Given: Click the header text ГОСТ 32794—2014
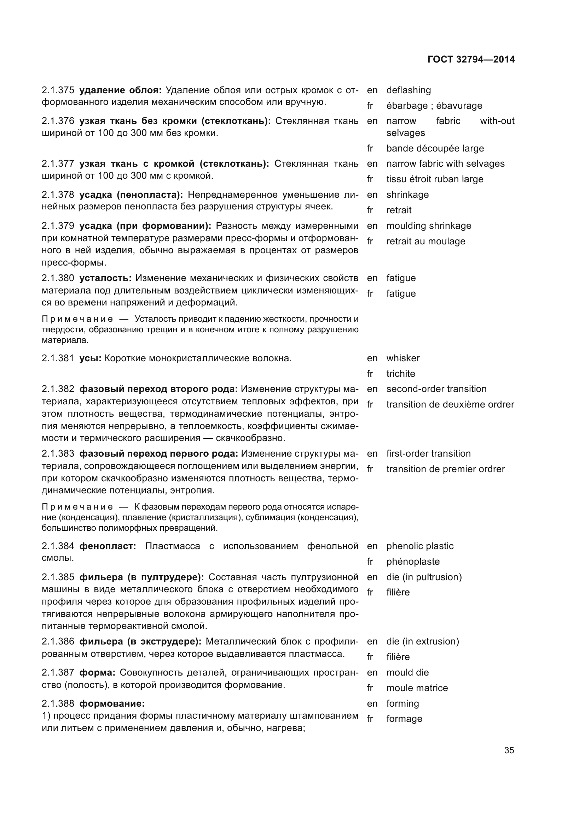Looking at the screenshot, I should tap(471, 59).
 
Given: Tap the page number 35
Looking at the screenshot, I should tap(509, 750).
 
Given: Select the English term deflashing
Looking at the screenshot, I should tap(409, 90).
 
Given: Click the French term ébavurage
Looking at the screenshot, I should tap(459, 106).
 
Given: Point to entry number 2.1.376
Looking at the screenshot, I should tap(58, 121).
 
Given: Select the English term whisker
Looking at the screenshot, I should tap(403, 358).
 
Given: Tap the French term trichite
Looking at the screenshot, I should tap(401, 374).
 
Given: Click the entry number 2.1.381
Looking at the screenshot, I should tap(58, 358).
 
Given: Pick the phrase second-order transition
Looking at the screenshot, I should tap(436, 389).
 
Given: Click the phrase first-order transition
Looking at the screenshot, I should tap(428, 454).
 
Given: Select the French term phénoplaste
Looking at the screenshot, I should tap(413, 561).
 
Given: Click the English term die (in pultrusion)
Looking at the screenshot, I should tap(424, 577).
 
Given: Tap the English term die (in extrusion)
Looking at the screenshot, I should tap(423, 641).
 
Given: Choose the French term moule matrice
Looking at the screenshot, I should tap(417, 688).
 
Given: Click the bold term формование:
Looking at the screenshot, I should tap(112, 703).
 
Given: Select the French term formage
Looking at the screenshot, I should tap(404, 719).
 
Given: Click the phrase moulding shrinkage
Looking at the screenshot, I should tap(429, 226).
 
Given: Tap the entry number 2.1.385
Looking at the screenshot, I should tap(58, 577).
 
